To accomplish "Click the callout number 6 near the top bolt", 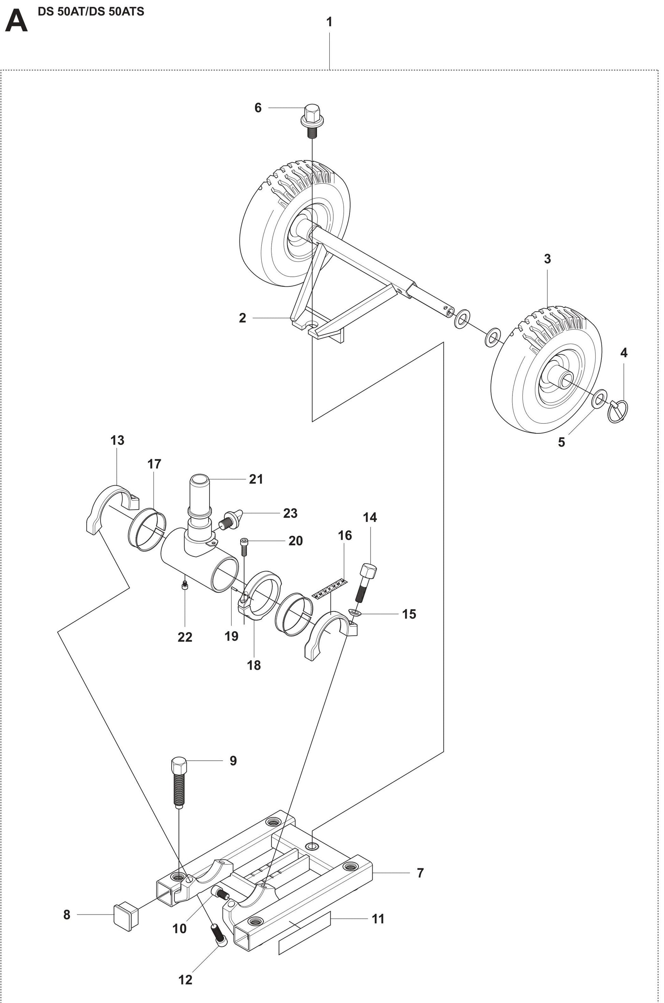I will [258, 108].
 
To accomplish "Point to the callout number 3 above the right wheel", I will [547, 258].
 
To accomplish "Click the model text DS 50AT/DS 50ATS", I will [91, 12].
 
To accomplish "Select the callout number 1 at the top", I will [329, 22].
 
